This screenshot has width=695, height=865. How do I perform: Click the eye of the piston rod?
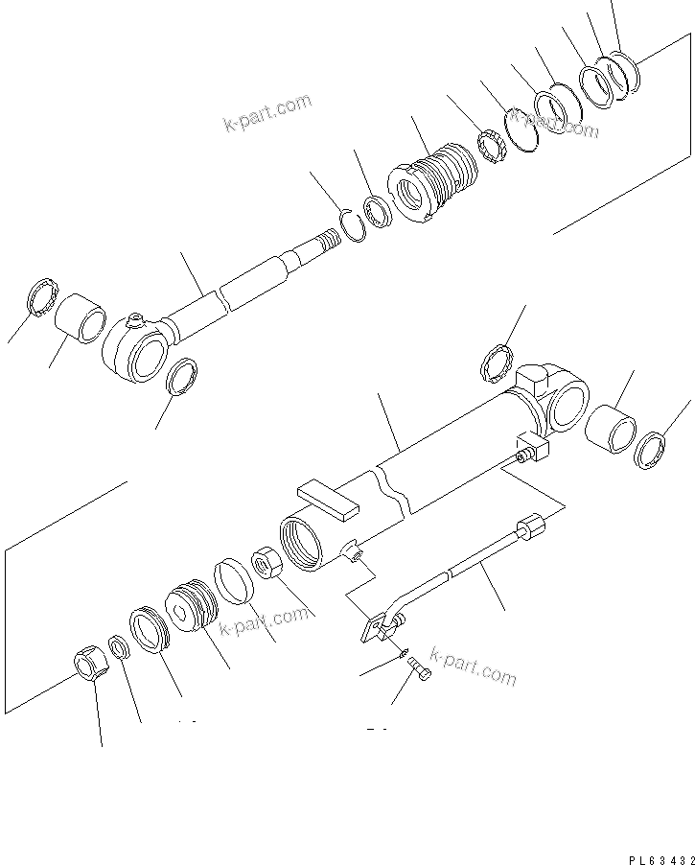point(141,350)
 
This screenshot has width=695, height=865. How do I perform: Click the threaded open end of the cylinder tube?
point(302,543)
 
